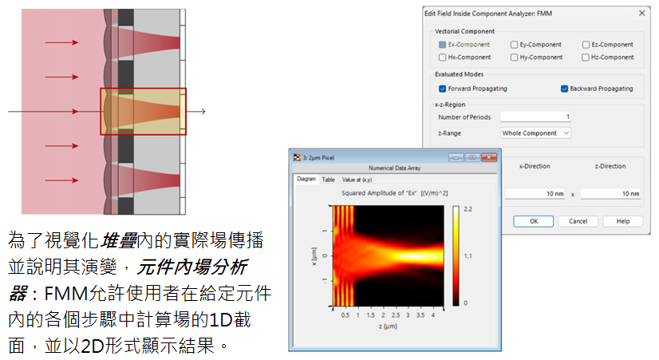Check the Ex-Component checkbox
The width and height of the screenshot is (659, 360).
(x=442, y=45)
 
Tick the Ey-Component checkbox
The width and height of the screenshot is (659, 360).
(x=514, y=45)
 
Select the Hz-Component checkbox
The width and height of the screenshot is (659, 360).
(x=586, y=57)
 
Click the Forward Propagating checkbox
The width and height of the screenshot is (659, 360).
(x=442, y=89)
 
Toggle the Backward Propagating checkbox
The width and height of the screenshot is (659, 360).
(x=564, y=89)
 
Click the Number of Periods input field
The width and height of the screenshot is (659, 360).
(x=535, y=117)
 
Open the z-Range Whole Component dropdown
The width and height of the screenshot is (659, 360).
(x=535, y=133)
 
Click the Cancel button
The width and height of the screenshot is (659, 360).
(x=578, y=221)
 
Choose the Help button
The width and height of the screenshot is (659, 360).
(x=623, y=221)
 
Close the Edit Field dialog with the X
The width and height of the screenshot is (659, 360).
(x=641, y=13)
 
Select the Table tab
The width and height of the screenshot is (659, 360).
(x=328, y=180)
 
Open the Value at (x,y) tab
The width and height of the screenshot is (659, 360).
(x=357, y=180)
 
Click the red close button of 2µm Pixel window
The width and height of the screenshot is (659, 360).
(x=489, y=157)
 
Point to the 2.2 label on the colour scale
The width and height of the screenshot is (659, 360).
(x=468, y=209)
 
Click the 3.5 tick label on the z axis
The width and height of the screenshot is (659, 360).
(x=420, y=315)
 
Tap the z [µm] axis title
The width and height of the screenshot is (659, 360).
(x=388, y=326)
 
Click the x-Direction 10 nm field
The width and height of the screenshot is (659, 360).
(x=535, y=193)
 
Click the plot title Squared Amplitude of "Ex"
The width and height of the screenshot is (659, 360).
(x=379, y=193)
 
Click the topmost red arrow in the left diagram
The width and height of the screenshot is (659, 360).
(x=61, y=42)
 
